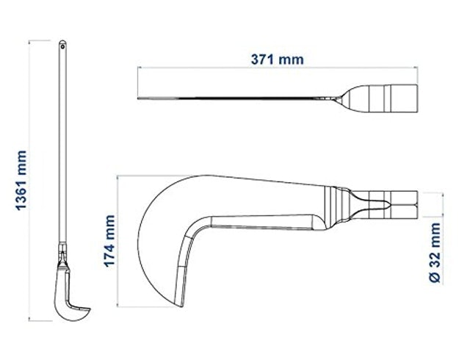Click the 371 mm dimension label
click(277, 60)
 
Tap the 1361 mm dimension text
click(21, 180)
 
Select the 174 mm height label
click(109, 241)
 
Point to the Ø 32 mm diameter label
click(435, 253)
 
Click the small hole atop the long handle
click(62, 46)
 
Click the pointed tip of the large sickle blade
click(181, 306)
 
